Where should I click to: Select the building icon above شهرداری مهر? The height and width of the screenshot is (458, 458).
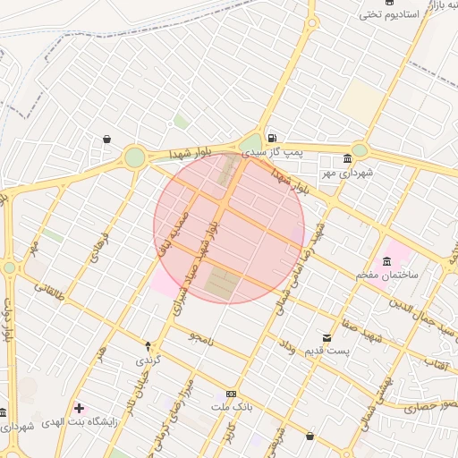[347, 158]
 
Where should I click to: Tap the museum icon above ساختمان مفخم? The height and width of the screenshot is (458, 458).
[386, 261]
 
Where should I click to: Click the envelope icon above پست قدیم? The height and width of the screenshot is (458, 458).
[327, 338]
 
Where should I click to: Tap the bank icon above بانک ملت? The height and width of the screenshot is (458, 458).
[232, 394]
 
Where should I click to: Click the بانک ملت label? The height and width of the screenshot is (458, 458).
[227, 408]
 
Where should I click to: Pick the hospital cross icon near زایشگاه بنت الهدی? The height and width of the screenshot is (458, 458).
[79, 408]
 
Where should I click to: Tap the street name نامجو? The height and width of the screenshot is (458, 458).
[201, 335]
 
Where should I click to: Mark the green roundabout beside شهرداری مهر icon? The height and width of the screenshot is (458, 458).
[360, 150]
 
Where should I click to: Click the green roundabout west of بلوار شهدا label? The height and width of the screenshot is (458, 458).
[134, 157]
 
